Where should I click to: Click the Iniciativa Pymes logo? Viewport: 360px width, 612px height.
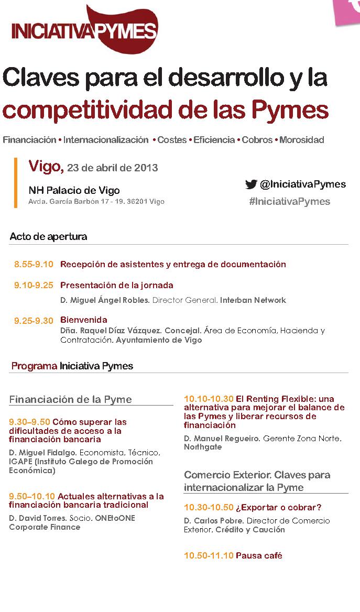pyautogui.click(x=84, y=29)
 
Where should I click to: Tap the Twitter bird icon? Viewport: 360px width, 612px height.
pyautogui.click(x=251, y=184)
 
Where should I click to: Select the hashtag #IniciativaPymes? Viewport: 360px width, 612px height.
pyautogui.click(x=289, y=201)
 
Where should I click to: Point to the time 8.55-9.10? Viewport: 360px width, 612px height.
pyautogui.click(x=34, y=264)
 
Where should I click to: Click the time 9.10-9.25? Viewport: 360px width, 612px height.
pyautogui.click(x=34, y=285)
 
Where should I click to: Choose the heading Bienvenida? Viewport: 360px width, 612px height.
pyautogui.click(x=84, y=320)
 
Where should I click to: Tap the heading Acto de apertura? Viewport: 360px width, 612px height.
pyautogui.click(x=48, y=236)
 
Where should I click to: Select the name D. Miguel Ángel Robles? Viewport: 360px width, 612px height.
pyautogui.click(x=105, y=300)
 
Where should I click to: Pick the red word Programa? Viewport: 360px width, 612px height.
pyautogui.click(x=34, y=366)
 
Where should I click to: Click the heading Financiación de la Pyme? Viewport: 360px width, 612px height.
pyautogui.click(x=70, y=399)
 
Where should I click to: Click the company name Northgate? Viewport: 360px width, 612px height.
pyautogui.click(x=203, y=447)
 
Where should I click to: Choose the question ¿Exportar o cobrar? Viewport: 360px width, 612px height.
pyautogui.click(x=278, y=507)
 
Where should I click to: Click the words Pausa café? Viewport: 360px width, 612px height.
pyautogui.click(x=259, y=555)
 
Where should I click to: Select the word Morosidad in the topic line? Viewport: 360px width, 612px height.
pyautogui.click(x=301, y=140)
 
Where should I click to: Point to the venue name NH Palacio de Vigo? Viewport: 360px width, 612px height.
pyautogui.click(x=74, y=190)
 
